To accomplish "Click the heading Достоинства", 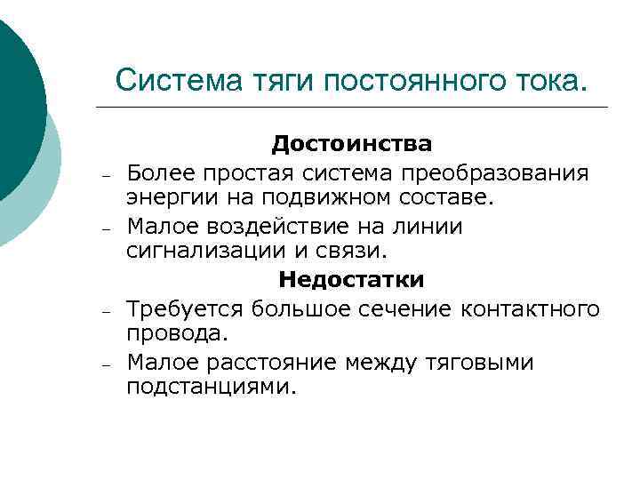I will coord(352,143).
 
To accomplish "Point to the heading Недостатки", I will coord(352,280).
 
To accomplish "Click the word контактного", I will coord(531,308).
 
